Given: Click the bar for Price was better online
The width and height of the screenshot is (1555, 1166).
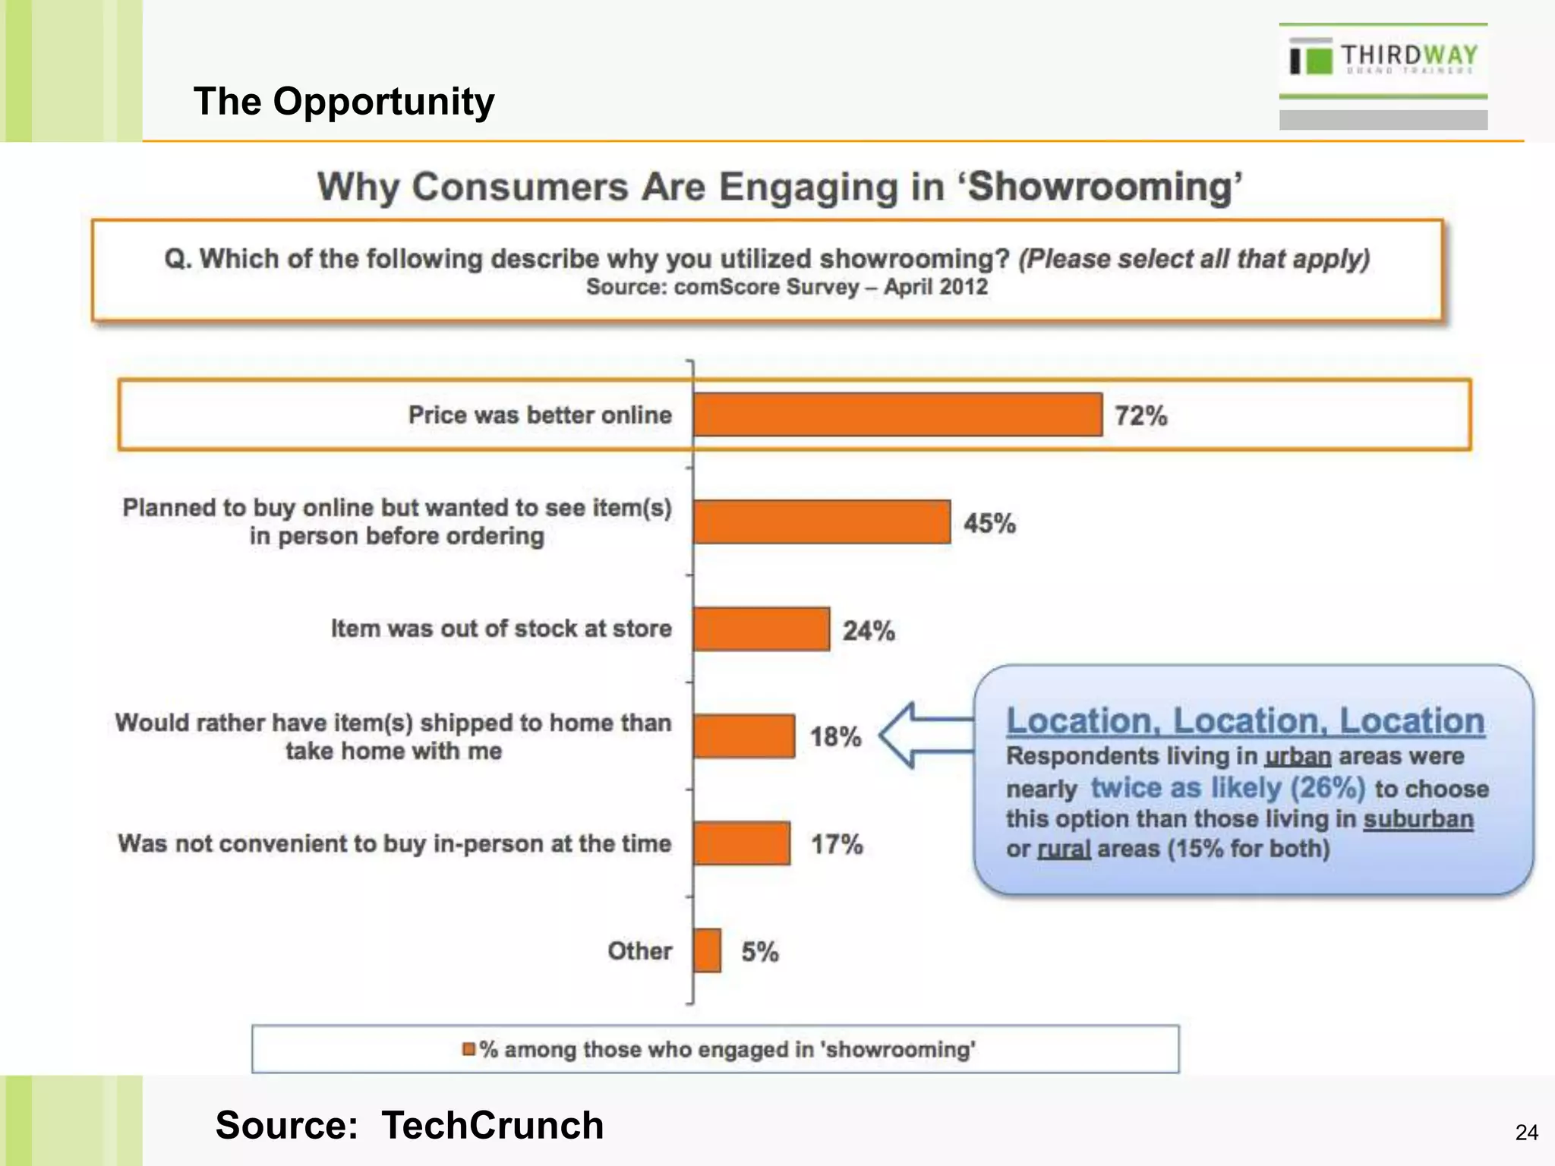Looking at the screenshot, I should [897, 414].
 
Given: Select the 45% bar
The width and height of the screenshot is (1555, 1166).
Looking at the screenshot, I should [822, 522].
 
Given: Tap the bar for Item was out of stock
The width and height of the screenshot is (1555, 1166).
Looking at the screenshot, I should [762, 629].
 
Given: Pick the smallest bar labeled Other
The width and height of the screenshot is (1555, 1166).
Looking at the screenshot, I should [707, 950].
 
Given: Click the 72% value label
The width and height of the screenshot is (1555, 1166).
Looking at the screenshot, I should [1140, 416].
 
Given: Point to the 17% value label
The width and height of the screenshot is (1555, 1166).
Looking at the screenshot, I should [837, 844].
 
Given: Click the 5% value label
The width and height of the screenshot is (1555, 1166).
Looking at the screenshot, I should [760, 952].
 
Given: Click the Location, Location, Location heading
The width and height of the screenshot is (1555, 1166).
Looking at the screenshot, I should [1245, 720].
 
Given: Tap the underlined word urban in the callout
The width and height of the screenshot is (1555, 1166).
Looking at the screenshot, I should [1298, 756].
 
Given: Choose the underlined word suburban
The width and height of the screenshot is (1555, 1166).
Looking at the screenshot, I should [1418, 819].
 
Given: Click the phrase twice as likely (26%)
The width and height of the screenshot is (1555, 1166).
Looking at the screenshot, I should [1228, 788].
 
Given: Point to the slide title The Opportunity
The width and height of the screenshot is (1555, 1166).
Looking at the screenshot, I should [343, 101].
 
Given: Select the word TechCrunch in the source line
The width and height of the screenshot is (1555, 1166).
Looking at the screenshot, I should [492, 1125].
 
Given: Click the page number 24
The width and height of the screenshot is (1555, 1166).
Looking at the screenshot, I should [1526, 1133].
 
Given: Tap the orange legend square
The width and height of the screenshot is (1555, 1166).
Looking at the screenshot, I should [468, 1049].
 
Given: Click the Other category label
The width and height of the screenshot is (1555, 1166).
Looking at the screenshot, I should [639, 951].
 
